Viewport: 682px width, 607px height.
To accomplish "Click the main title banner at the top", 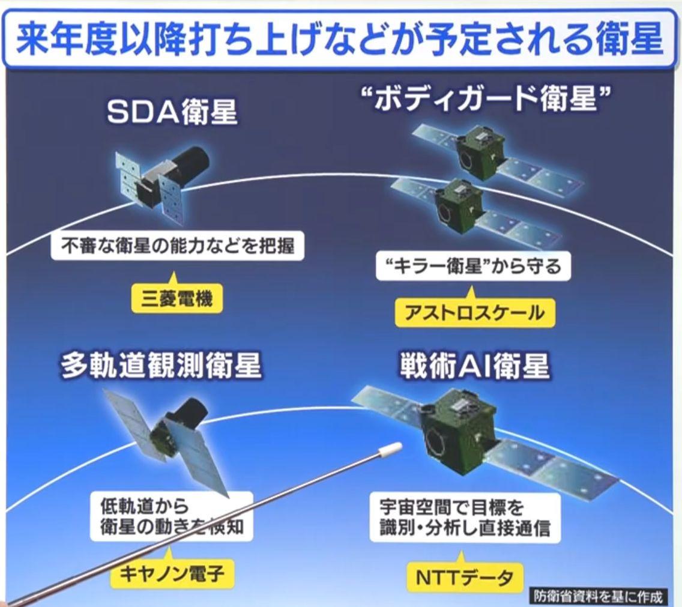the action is [341, 39].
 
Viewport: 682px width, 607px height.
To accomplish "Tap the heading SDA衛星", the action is [172, 112].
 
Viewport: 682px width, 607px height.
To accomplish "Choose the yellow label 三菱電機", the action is [177, 300].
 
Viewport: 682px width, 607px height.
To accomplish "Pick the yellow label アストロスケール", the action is [474, 312].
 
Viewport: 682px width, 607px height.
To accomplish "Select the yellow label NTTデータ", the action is [465, 578].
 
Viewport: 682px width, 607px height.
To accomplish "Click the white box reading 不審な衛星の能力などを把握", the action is [178, 247].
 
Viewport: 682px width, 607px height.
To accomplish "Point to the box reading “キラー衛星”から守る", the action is [473, 267].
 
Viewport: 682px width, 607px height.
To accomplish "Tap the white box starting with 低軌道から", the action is [172, 516].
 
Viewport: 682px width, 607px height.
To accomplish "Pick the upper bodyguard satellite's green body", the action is [478, 153].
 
